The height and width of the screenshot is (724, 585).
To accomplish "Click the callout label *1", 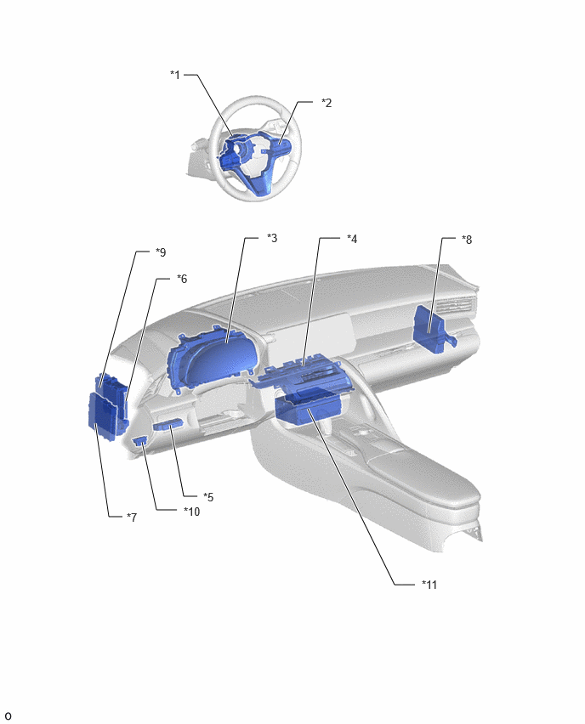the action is [175, 74].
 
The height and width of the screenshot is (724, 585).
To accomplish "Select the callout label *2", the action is [327, 103].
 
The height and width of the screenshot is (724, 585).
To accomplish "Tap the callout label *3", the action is [272, 238].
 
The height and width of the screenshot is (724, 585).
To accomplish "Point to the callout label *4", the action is [352, 239].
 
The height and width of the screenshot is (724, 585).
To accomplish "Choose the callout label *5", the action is [208, 497].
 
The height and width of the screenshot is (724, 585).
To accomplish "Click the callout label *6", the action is [182, 279].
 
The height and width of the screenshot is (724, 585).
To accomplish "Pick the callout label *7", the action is [132, 518].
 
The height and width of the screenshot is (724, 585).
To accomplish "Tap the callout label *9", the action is [161, 252].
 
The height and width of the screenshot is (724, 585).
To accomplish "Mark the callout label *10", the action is [192, 512].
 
